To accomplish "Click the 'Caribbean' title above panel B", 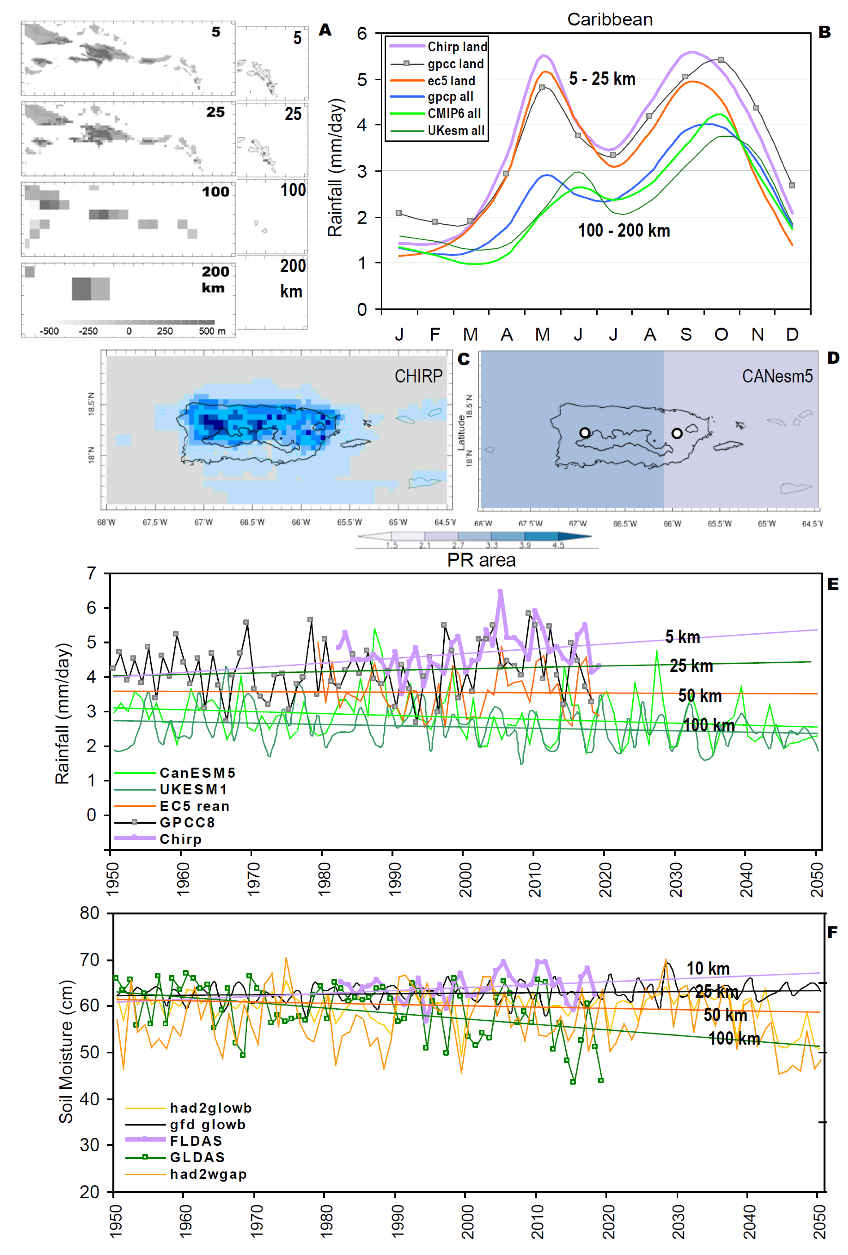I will (610, 19).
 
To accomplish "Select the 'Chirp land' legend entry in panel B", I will (457, 47).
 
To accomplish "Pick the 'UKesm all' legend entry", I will (456, 131).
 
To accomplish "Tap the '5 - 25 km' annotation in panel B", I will (602, 79).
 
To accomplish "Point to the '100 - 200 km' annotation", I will (623, 231).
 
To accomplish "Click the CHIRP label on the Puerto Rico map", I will (418, 376).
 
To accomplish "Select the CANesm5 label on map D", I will (777, 376).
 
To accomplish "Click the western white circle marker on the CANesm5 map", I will (585, 433).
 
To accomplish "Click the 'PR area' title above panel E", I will (481, 560).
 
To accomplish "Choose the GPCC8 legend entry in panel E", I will (187, 822).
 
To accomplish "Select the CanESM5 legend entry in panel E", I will (197, 773).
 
